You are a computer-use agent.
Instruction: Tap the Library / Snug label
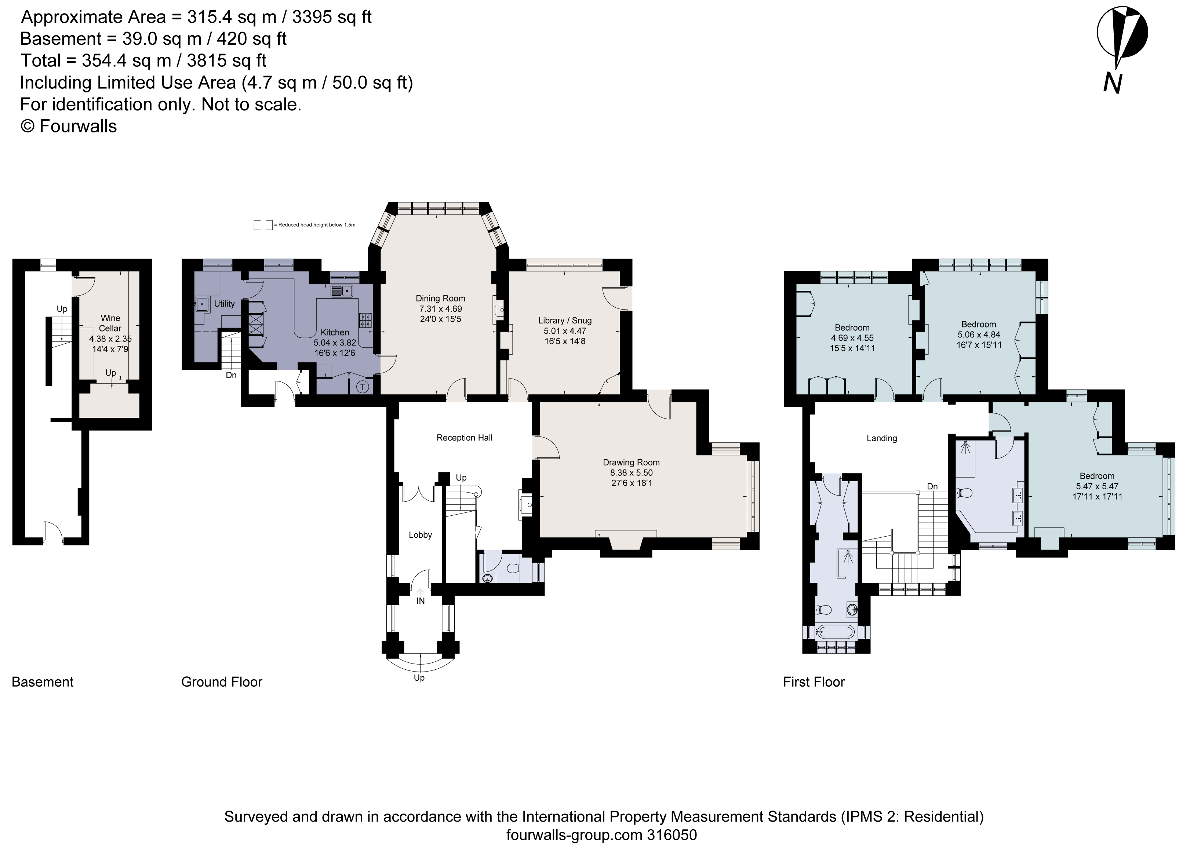564,320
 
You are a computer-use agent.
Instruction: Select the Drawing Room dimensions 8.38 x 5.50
631,473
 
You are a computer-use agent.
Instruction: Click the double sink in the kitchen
342,291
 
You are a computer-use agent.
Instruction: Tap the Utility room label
224,303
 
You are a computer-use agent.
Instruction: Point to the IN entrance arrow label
420,601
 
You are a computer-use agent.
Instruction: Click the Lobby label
420,535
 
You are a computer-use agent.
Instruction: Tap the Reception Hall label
464,438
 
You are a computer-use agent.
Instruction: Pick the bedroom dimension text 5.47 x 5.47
1097,486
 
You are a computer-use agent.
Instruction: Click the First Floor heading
814,682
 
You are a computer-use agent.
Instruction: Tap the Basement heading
43,682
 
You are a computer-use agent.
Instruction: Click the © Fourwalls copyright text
69,126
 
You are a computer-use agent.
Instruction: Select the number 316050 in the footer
671,835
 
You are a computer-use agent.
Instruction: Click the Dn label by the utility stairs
231,374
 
